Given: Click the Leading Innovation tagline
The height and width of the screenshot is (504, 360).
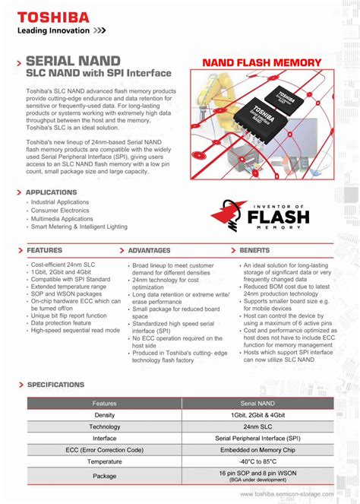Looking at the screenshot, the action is tap(55, 32).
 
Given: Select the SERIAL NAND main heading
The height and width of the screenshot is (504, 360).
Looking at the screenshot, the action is tap(73, 60).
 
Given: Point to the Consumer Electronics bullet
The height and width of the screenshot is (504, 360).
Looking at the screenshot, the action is tap(60, 211).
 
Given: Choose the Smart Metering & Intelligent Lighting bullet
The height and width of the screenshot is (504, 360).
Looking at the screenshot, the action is tap(79, 227).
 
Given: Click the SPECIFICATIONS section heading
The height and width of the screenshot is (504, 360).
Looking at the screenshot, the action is tap(55, 385).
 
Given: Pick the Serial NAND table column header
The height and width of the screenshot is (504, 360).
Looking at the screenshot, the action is tap(263, 404).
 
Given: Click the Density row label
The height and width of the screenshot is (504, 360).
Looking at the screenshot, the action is tap(104, 415).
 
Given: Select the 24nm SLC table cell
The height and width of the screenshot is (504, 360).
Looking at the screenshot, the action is tap(263, 426).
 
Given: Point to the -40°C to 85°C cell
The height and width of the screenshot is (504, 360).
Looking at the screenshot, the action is tap(263, 461).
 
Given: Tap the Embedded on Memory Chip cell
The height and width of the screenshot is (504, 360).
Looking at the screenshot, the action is tap(263, 450).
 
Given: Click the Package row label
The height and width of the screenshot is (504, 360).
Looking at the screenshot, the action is tap(104, 476).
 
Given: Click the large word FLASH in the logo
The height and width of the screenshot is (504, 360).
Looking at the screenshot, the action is tap(276, 217).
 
